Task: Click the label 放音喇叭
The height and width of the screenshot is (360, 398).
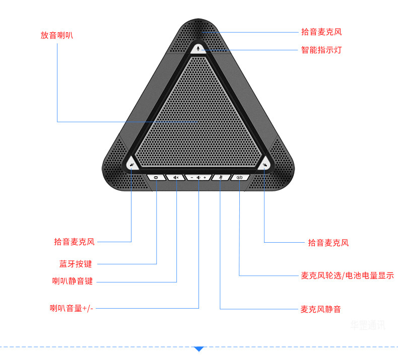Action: (x=60, y=35)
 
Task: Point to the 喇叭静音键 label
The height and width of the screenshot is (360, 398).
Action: (x=73, y=281)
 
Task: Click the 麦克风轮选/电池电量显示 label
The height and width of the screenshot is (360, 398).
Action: (x=347, y=275)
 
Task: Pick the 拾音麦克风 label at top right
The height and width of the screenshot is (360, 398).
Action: (x=321, y=32)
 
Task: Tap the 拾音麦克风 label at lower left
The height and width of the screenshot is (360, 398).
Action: (x=74, y=242)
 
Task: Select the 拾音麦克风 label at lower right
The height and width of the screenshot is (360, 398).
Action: (x=328, y=243)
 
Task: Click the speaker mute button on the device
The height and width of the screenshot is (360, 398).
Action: (x=176, y=178)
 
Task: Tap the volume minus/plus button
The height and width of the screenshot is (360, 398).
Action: (x=198, y=178)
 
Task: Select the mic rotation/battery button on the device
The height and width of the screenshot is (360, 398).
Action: (x=240, y=178)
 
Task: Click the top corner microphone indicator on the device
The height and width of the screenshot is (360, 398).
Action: (x=200, y=49)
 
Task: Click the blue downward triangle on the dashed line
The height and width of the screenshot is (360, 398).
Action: (x=199, y=348)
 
